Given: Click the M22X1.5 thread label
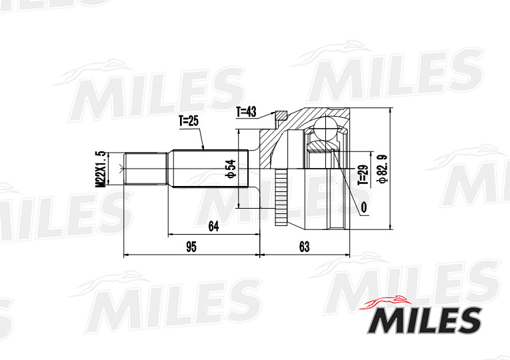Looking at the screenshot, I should tap(101, 169).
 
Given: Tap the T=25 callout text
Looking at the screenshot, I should tap(189, 121).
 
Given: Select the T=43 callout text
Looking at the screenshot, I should tap(246, 112).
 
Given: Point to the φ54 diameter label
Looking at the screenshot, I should tap(230, 169).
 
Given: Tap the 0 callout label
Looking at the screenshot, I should tap(363, 208).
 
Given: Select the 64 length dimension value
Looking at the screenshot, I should tap(213, 227).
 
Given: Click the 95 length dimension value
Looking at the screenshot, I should tap(191, 247).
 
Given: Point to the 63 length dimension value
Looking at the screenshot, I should tap(304, 247).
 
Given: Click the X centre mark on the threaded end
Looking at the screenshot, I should tap(120, 169).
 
